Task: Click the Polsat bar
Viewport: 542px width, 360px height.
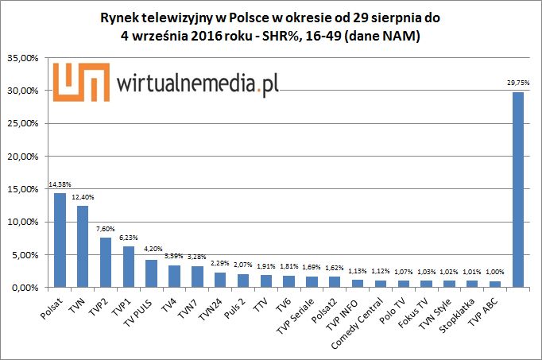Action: tap(60, 240)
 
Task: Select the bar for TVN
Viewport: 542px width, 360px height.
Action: tap(83, 246)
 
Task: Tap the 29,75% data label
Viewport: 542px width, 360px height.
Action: tap(518, 83)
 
